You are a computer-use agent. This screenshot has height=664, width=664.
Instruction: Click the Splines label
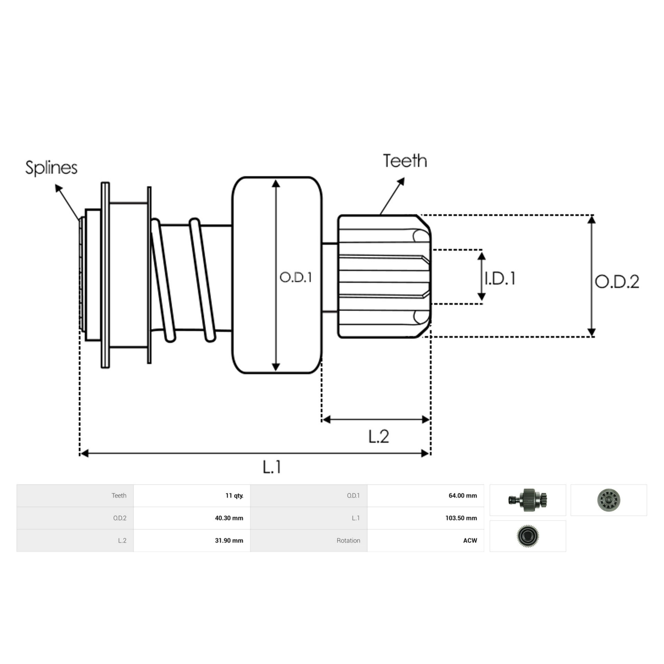51,168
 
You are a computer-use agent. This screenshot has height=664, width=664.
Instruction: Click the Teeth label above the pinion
405,161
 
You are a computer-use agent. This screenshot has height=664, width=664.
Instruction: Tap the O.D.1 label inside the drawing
295,277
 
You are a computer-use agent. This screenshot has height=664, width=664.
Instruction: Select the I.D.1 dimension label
500,278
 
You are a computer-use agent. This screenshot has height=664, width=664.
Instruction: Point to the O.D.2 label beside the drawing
617,282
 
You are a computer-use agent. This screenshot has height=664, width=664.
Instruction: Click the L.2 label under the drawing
378,437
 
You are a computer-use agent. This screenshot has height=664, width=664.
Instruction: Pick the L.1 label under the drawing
272,467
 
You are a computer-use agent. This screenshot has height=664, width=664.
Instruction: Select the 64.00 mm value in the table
463,495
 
